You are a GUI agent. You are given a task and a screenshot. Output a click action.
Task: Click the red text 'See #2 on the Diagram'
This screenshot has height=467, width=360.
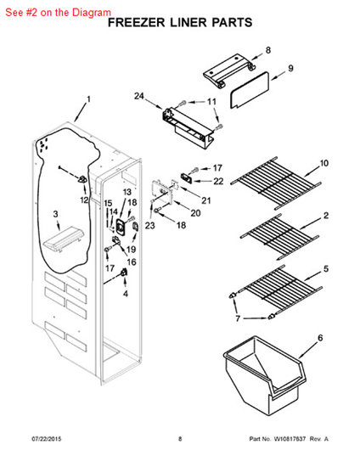pyautogui.click(x=57, y=13)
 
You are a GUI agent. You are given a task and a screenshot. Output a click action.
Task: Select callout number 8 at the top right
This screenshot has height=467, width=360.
pyautogui.click(x=267, y=50)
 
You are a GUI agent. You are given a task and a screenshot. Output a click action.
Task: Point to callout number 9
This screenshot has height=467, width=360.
pyautogui.click(x=290, y=68)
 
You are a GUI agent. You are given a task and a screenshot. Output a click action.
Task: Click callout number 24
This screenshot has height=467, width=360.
pyautogui.click(x=139, y=96)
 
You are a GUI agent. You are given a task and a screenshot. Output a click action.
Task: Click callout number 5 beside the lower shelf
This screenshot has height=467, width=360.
pyautogui.click(x=326, y=270)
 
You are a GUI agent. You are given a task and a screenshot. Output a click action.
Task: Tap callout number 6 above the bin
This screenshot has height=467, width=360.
pyautogui.click(x=320, y=338)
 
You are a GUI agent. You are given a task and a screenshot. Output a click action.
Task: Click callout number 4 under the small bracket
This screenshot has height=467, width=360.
pyautogui.click(x=125, y=294)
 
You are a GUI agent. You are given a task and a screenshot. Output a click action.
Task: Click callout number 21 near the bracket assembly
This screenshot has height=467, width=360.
pyautogui.click(x=206, y=200)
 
